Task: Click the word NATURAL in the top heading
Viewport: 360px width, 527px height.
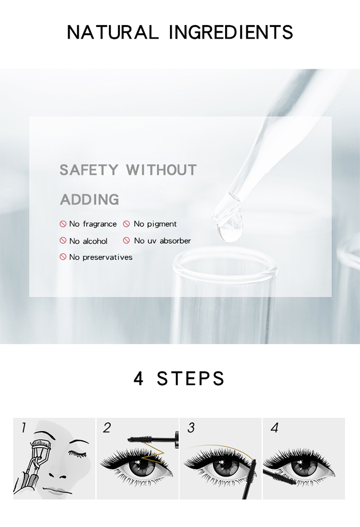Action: pyautogui.click(x=112, y=32)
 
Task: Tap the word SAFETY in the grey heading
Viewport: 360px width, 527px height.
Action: pyautogui.click(x=89, y=170)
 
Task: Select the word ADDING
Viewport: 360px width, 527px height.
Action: pyautogui.click(x=89, y=199)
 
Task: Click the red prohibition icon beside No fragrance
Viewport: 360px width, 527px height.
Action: pyautogui.click(x=63, y=224)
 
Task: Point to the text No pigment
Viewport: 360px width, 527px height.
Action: pyautogui.click(x=155, y=224)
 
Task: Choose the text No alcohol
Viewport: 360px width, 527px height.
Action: pyautogui.click(x=88, y=241)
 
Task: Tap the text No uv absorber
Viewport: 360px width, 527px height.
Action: pyautogui.click(x=162, y=241)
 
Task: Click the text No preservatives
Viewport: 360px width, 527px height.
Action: pyautogui.click(x=101, y=257)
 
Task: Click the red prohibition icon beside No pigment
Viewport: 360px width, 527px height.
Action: pyautogui.click(x=127, y=224)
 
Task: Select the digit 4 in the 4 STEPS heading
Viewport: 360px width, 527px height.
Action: pyautogui.click(x=139, y=378)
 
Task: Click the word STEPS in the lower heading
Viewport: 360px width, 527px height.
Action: pyautogui.click(x=191, y=378)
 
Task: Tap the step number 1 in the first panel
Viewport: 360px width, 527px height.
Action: pyautogui.click(x=23, y=428)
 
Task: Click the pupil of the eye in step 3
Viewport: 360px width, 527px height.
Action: pyautogui.click(x=222, y=470)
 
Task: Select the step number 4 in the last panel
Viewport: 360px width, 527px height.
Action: pyautogui.click(x=274, y=428)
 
